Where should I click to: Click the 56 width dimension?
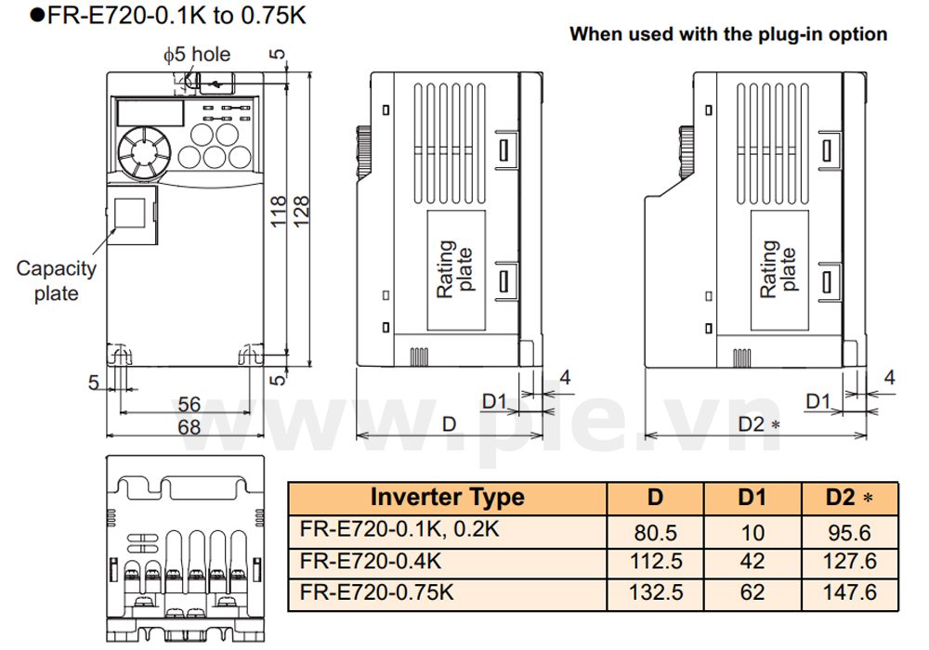point(189,404)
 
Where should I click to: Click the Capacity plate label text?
point(57,281)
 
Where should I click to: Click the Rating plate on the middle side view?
point(454,269)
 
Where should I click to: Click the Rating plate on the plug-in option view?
point(778,269)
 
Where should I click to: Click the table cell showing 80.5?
point(655,533)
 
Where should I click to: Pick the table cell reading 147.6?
point(849,592)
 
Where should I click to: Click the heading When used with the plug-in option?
point(727,34)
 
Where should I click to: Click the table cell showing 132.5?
point(655,592)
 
